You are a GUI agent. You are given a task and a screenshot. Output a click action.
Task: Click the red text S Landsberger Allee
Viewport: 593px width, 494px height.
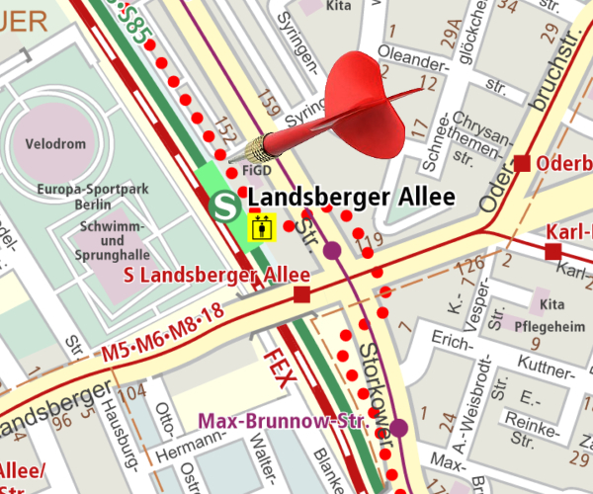(x=217, y=275)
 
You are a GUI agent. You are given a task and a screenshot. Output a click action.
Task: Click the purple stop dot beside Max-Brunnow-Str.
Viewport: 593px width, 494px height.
(x=398, y=427)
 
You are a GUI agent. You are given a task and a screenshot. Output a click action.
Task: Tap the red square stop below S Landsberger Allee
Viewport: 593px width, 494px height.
(x=302, y=294)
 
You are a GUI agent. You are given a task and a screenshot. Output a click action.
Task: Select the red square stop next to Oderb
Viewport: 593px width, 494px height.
(x=523, y=163)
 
